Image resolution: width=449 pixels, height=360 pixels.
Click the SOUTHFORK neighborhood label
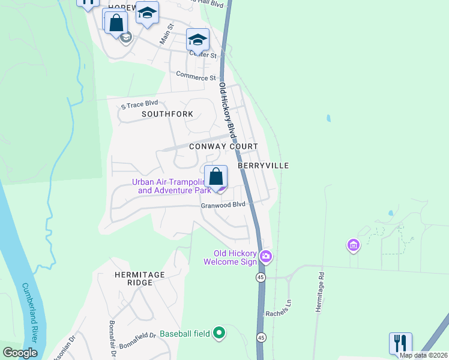(x=167, y=113)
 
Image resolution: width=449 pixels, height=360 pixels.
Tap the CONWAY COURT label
(x=223, y=146)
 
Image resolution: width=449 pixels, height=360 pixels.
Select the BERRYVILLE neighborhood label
(x=264, y=165)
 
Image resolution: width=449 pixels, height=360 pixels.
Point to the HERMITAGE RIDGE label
(x=139, y=279)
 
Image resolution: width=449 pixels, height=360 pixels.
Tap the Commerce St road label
(x=196, y=77)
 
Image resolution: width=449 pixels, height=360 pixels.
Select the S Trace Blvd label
(x=139, y=104)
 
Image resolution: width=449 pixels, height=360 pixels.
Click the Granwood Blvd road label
(x=223, y=204)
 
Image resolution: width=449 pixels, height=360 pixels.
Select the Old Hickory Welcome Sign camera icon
(x=266, y=257)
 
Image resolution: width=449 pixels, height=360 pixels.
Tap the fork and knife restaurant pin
(x=400, y=343)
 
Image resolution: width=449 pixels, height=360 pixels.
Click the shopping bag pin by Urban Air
(x=216, y=176)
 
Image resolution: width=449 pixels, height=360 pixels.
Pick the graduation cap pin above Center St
(x=197, y=40)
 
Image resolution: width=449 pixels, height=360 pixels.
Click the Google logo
(x=20, y=353)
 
